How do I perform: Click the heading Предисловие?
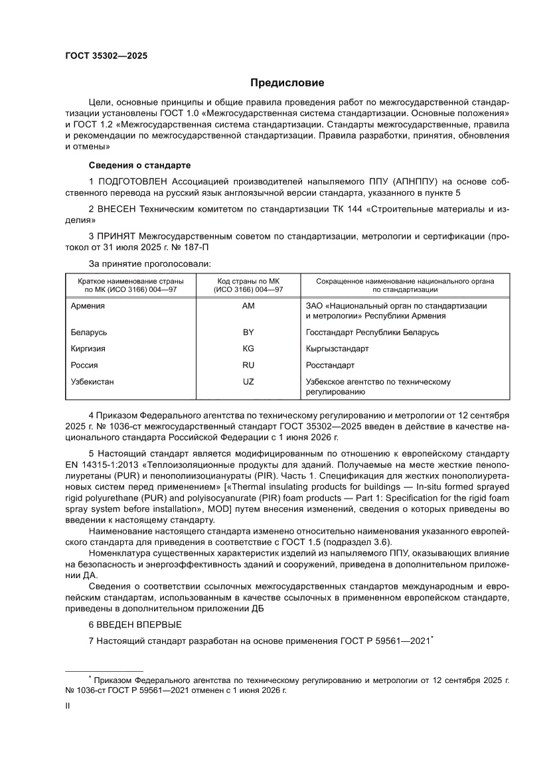pyautogui.click(x=287, y=83)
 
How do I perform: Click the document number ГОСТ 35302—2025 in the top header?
pyautogui.click(x=106, y=56)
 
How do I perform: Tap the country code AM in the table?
pyautogui.click(x=249, y=306)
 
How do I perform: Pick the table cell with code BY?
pyautogui.click(x=249, y=332)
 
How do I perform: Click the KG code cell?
pyautogui.click(x=249, y=349)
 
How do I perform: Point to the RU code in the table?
pyautogui.click(x=249, y=365)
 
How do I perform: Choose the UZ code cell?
pyautogui.click(x=249, y=382)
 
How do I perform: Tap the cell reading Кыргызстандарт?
pyautogui.click(x=337, y=349)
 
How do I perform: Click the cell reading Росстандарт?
pyautogui.click(x=330, y=365)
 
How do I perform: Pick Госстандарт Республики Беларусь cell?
pyautogui.click(x=372, y=332)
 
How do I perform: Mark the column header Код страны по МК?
pyautogui.click(x=249, y=281)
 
